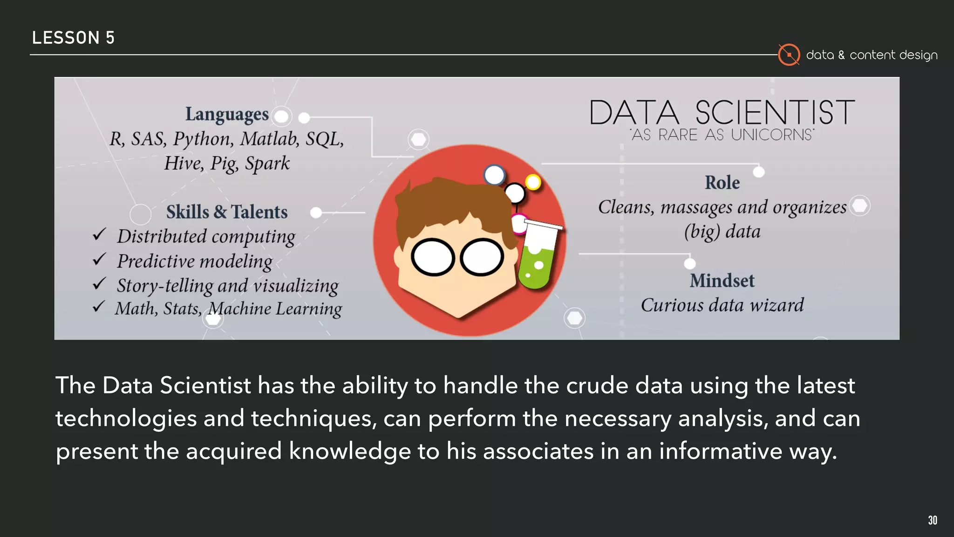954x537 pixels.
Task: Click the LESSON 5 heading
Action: click(x=73, y=38)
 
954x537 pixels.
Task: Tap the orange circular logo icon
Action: click(x=789, y=55)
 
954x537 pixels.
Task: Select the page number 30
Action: click(x=932, y=520)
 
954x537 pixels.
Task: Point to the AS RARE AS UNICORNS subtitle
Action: click(x=722, y=135)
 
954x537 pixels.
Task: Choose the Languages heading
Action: click(x=227, y=114)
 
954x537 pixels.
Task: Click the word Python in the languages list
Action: click(x=202, y=139)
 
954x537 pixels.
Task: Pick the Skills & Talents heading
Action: click(x=227, y=212)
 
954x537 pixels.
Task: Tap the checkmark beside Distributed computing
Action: click(x=99, y=234)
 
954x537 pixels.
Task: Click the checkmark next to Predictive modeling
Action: click(x=99, y=259)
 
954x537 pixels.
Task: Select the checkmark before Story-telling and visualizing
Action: click(x=99, y=283)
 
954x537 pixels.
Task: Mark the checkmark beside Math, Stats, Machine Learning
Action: click(x=98, y=307)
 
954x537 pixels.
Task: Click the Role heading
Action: click(x=722, y=183)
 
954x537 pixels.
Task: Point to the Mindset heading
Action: click(x=722, y=281)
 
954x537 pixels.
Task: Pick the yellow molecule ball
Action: click(x=533, y=182)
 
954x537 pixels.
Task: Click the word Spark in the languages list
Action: click(x=267, y=164)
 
